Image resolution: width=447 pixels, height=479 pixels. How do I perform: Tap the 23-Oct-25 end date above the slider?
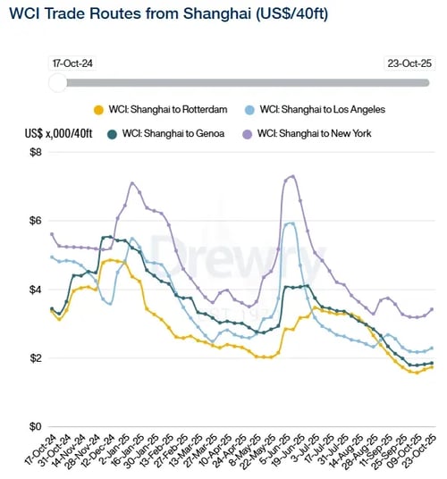(x=407, y=63)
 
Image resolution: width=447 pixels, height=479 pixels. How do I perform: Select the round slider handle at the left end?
(x=57, y=82)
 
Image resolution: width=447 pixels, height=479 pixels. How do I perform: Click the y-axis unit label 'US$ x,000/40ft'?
(x=60, y=133)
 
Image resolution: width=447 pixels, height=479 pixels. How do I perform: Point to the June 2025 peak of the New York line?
(x=292, y=176)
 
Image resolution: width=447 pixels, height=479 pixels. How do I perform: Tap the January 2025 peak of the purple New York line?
(x=132, y=183)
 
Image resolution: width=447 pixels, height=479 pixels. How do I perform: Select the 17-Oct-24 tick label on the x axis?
(x=40, y=452)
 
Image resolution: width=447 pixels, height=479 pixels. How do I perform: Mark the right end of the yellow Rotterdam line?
(x=433, y=366)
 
